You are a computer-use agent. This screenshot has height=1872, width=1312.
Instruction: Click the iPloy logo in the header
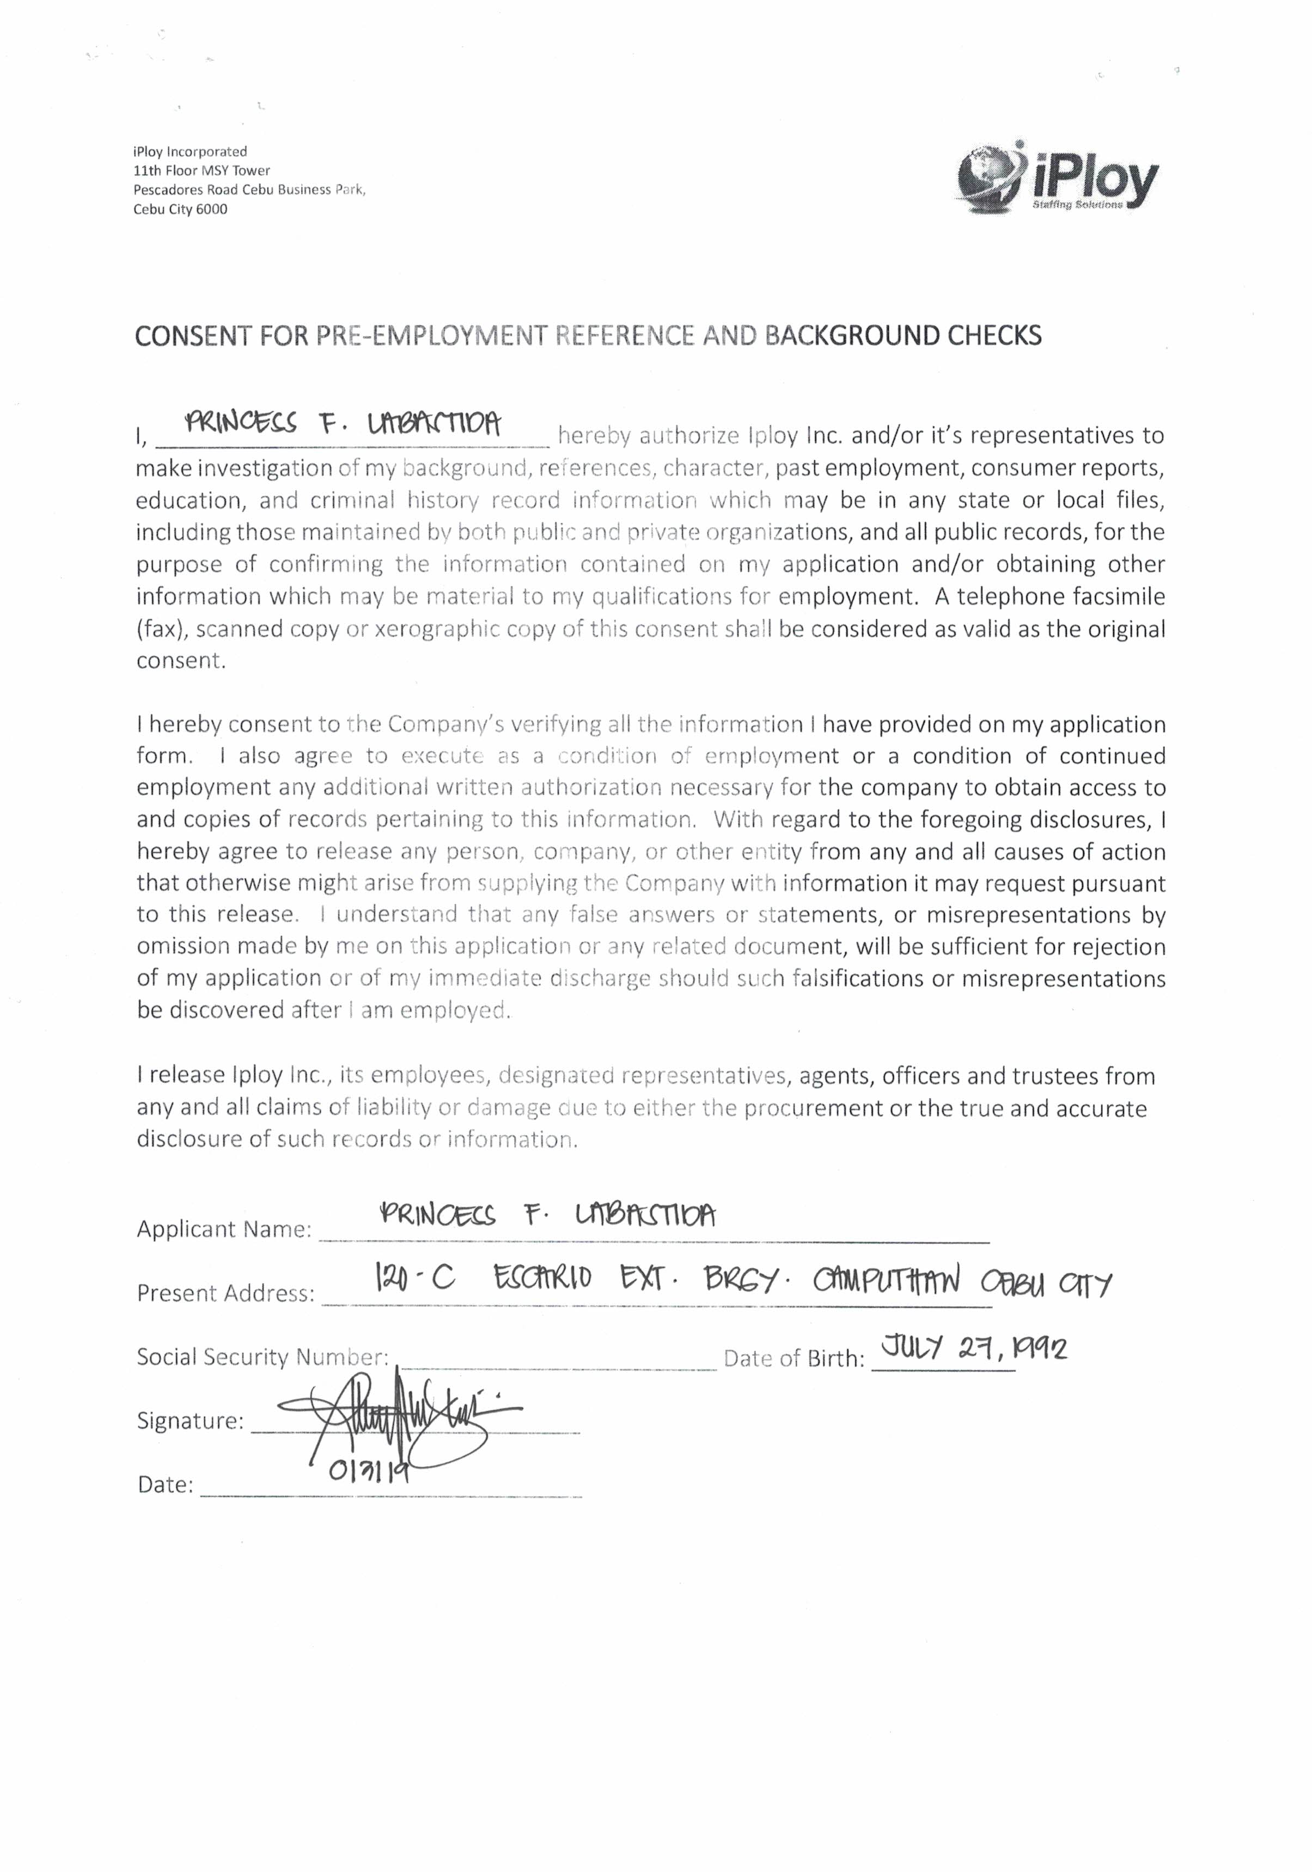point(1058,179)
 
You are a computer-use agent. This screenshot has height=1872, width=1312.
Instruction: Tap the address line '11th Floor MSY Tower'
point(202,170)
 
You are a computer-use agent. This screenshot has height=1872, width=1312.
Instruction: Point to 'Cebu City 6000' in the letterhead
point(180,210)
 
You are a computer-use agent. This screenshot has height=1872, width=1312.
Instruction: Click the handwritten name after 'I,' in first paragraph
point(343,424)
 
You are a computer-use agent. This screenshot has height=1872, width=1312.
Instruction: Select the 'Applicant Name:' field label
point(224,1229)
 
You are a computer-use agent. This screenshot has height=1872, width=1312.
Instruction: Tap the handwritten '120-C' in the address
point(413,1278)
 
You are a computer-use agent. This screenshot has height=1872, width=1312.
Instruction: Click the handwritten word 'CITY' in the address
point(1084,1286)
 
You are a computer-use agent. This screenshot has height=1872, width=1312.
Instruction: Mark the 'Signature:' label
point(190,1421)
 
